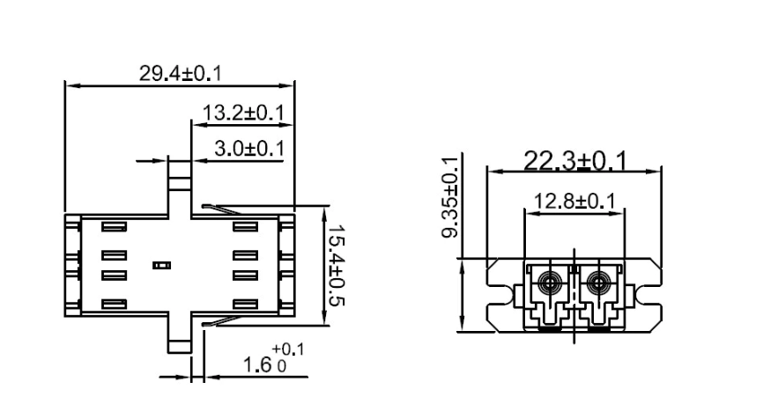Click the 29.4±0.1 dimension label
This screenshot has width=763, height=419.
tap(180, 73)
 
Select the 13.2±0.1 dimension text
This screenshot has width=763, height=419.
tap(243, 113)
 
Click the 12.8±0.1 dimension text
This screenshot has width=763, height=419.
tap(574, 201)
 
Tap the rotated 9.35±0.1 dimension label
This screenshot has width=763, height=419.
tap(451, 197)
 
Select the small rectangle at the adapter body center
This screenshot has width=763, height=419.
tap(160, 264)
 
